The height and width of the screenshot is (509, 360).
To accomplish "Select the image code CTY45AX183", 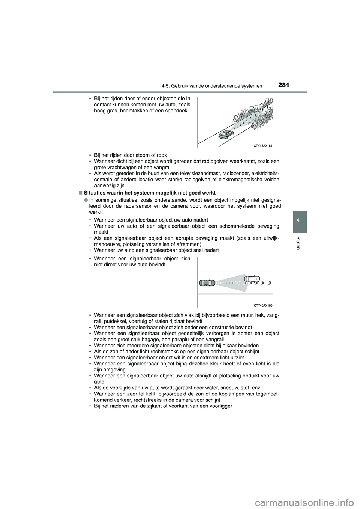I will pyautogui.click(x=261, y=305).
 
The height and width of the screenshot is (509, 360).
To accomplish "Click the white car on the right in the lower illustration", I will pyautogui.click(x=252, y=279).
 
